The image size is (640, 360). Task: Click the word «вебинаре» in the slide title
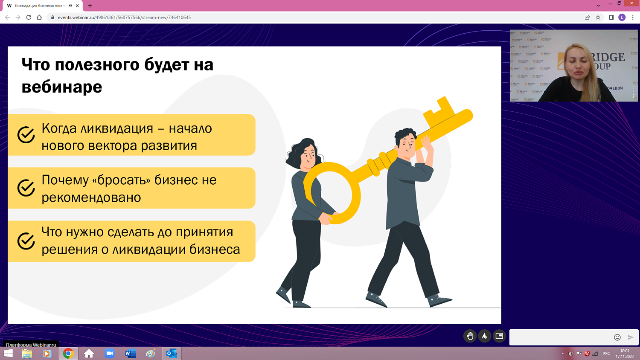(x=62, y=87)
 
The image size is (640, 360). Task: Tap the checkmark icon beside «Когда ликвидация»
(x=26, y=135)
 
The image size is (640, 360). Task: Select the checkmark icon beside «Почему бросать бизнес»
(x=26, y=188)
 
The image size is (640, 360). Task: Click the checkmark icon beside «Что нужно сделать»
(x=26, y=241)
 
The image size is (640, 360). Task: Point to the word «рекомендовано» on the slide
(x=91, y=197)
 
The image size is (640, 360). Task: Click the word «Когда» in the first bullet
(x=59, y=128)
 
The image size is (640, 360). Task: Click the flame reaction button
(x=484, y=336)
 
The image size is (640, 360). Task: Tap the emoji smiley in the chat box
(x=617, y=337)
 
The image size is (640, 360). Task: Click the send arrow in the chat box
(x=631, y=337)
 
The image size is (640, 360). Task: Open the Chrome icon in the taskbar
(x=68, y=353)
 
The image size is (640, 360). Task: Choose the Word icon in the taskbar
(x=130, y=353)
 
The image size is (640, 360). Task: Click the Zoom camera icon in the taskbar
(x=110, y=353)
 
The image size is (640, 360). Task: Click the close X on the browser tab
(x=77, y=6)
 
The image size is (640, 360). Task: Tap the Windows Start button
(x=8, y=353)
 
